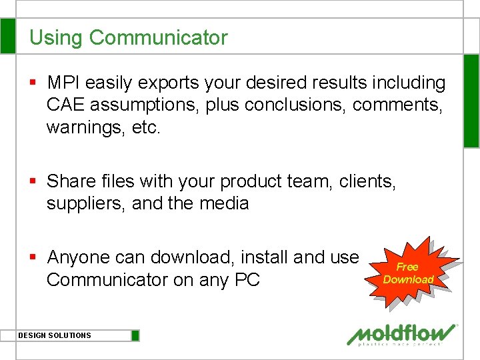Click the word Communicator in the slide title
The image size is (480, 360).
pyautogui.click(x=159, y=38)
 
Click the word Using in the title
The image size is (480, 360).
pyautogui.click(x=57, y=38)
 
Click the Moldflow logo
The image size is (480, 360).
pyautogui.click(x=402, y=334)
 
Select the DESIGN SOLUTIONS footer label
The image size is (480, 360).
pyautogui.click(x=55, y=335)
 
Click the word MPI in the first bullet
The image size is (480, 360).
pyautogui.click(x=64, y=83)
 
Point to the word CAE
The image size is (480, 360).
pyautogui.click(x=65, y=105)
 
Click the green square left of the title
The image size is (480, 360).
pyautogui.click(x=7, y=36)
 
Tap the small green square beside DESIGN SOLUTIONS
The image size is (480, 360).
pyautogui.click(x=135, y=335)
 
